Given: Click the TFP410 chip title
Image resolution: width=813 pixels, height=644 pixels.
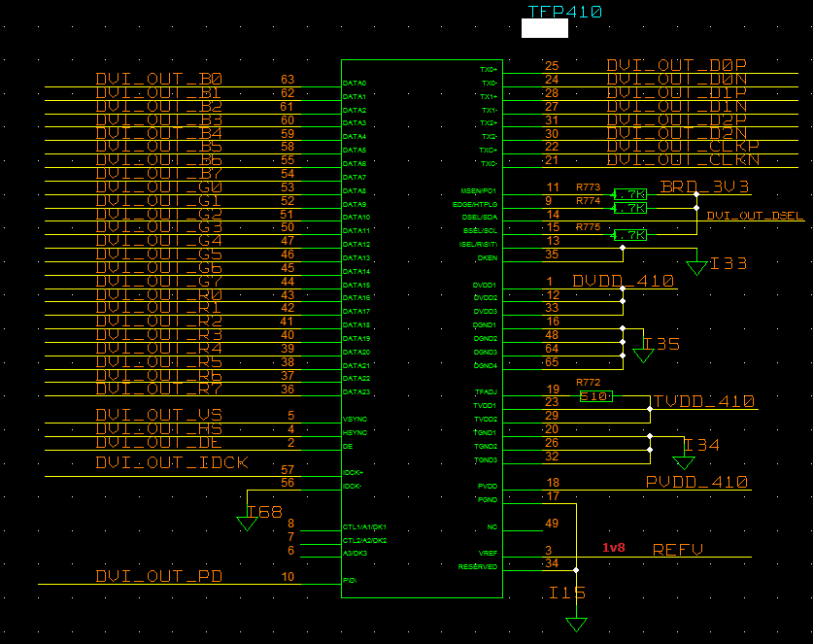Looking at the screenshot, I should tap(564, 12).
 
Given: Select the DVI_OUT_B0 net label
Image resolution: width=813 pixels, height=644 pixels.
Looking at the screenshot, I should tap(159, 80).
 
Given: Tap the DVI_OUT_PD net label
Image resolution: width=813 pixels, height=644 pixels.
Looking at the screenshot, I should tap(159, 577).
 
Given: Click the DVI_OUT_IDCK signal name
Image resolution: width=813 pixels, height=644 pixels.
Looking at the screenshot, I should tap(172, 463).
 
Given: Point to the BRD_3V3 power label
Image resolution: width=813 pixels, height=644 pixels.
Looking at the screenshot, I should tap(704, 186).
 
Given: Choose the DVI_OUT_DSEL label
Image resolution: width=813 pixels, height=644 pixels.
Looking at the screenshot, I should tap(755, 216).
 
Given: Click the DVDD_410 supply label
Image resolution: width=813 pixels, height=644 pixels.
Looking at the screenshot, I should tap(623, 282).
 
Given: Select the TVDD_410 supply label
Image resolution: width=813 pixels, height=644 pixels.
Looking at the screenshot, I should tap(704, 401).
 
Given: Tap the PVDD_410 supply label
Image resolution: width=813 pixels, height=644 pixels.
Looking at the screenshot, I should tap(696, 482).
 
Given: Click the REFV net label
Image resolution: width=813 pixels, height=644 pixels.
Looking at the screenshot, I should tap(677, 550).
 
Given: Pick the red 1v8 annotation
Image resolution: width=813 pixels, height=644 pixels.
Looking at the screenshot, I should tap(614, 548).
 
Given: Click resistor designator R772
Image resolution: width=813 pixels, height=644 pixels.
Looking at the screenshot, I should tap(589, 382).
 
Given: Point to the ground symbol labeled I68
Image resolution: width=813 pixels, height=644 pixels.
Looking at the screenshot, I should tap(247, 523).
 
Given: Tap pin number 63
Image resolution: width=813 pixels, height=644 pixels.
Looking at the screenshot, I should tap(287, 80).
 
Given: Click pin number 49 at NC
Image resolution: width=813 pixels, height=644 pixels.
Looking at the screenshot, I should tap(552, 524).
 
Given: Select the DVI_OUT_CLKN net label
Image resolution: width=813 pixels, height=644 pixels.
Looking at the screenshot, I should tap(683, 160).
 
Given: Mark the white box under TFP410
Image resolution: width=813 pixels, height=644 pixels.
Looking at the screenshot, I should tap(544, 28).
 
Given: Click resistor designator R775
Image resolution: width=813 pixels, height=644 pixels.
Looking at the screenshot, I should tap(589, 226).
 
